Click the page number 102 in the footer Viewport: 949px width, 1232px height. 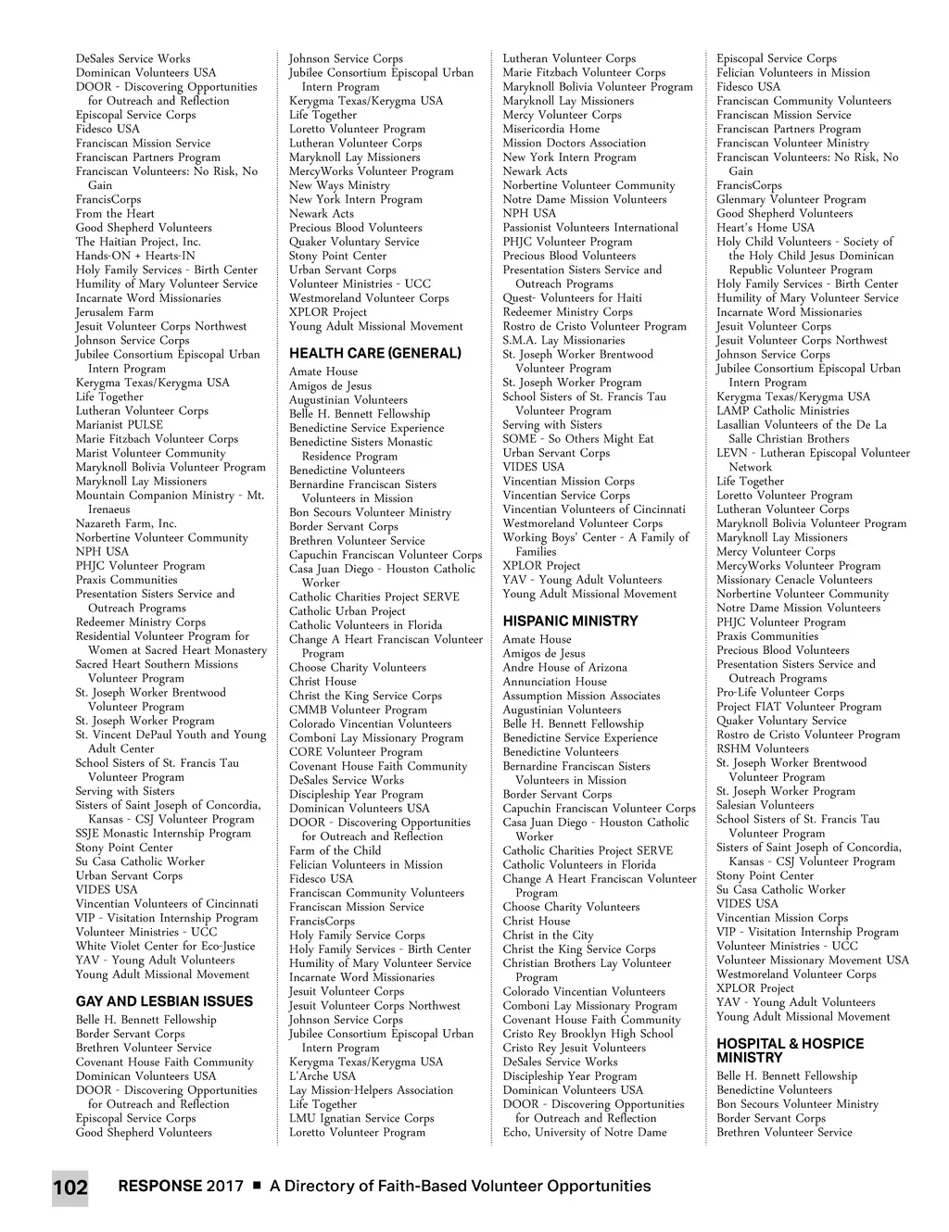coord(70,1188)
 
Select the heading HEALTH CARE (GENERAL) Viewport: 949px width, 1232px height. coord(374,353)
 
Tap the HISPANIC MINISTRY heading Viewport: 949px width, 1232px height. coord(570,621)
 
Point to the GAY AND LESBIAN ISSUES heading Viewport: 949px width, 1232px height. coord(164,1001)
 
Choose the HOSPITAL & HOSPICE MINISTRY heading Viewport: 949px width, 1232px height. coord(790,1050)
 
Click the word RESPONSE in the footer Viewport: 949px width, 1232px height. coord(159,1186)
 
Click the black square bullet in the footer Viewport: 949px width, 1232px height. coord(257,1186)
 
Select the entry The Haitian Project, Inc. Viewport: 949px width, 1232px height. coord(138,242)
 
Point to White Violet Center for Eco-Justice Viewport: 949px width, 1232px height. coord(165,946)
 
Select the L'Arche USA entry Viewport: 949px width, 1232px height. coord(323,1075)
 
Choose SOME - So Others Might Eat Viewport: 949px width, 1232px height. coord(578,439)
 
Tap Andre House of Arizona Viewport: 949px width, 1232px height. coord(564,667)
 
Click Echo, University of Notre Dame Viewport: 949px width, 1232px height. coord(584,1132)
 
